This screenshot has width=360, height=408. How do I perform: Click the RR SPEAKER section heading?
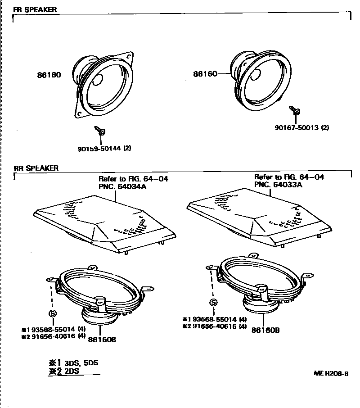coord(36,168)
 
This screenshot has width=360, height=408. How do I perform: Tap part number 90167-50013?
coord(297,127)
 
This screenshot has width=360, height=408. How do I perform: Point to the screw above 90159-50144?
coord(100,131)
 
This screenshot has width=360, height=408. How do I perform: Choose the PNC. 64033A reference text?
coord(278,184)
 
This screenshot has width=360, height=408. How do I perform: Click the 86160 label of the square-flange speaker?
coord(49,76)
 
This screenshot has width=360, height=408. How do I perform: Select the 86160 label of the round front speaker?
coord(205,74)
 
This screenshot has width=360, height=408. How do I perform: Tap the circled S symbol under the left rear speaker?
coord(52,313)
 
